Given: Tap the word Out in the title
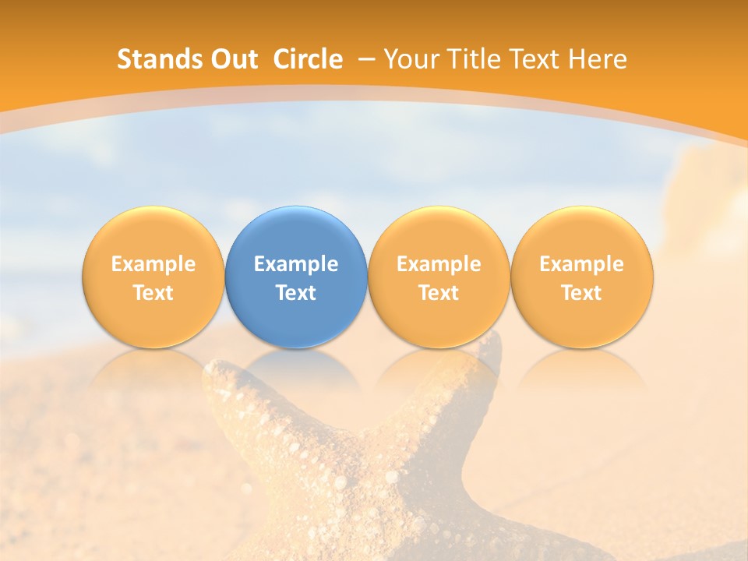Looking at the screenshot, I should point(232,59).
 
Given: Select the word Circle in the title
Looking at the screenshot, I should point(308,59).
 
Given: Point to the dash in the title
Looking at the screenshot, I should point(367,59).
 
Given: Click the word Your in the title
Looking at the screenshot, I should point(410,59).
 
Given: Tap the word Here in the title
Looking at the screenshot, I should point(598,59).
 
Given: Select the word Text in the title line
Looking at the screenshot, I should point(532,59).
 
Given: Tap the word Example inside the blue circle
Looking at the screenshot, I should point(296,264).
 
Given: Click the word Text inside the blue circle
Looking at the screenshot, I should point(296,293).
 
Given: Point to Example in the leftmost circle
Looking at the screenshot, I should point(153,264).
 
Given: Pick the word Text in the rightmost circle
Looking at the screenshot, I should point(582,293).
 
